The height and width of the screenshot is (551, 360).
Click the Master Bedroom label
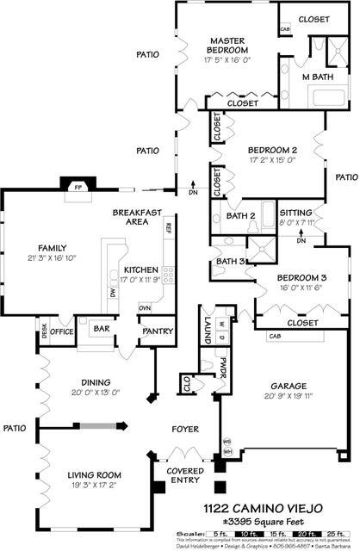227,46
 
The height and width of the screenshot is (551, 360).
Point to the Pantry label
158,331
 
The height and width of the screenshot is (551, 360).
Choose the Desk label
44,330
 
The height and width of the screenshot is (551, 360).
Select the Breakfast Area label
132,216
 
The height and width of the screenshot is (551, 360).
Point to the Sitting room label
296,213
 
